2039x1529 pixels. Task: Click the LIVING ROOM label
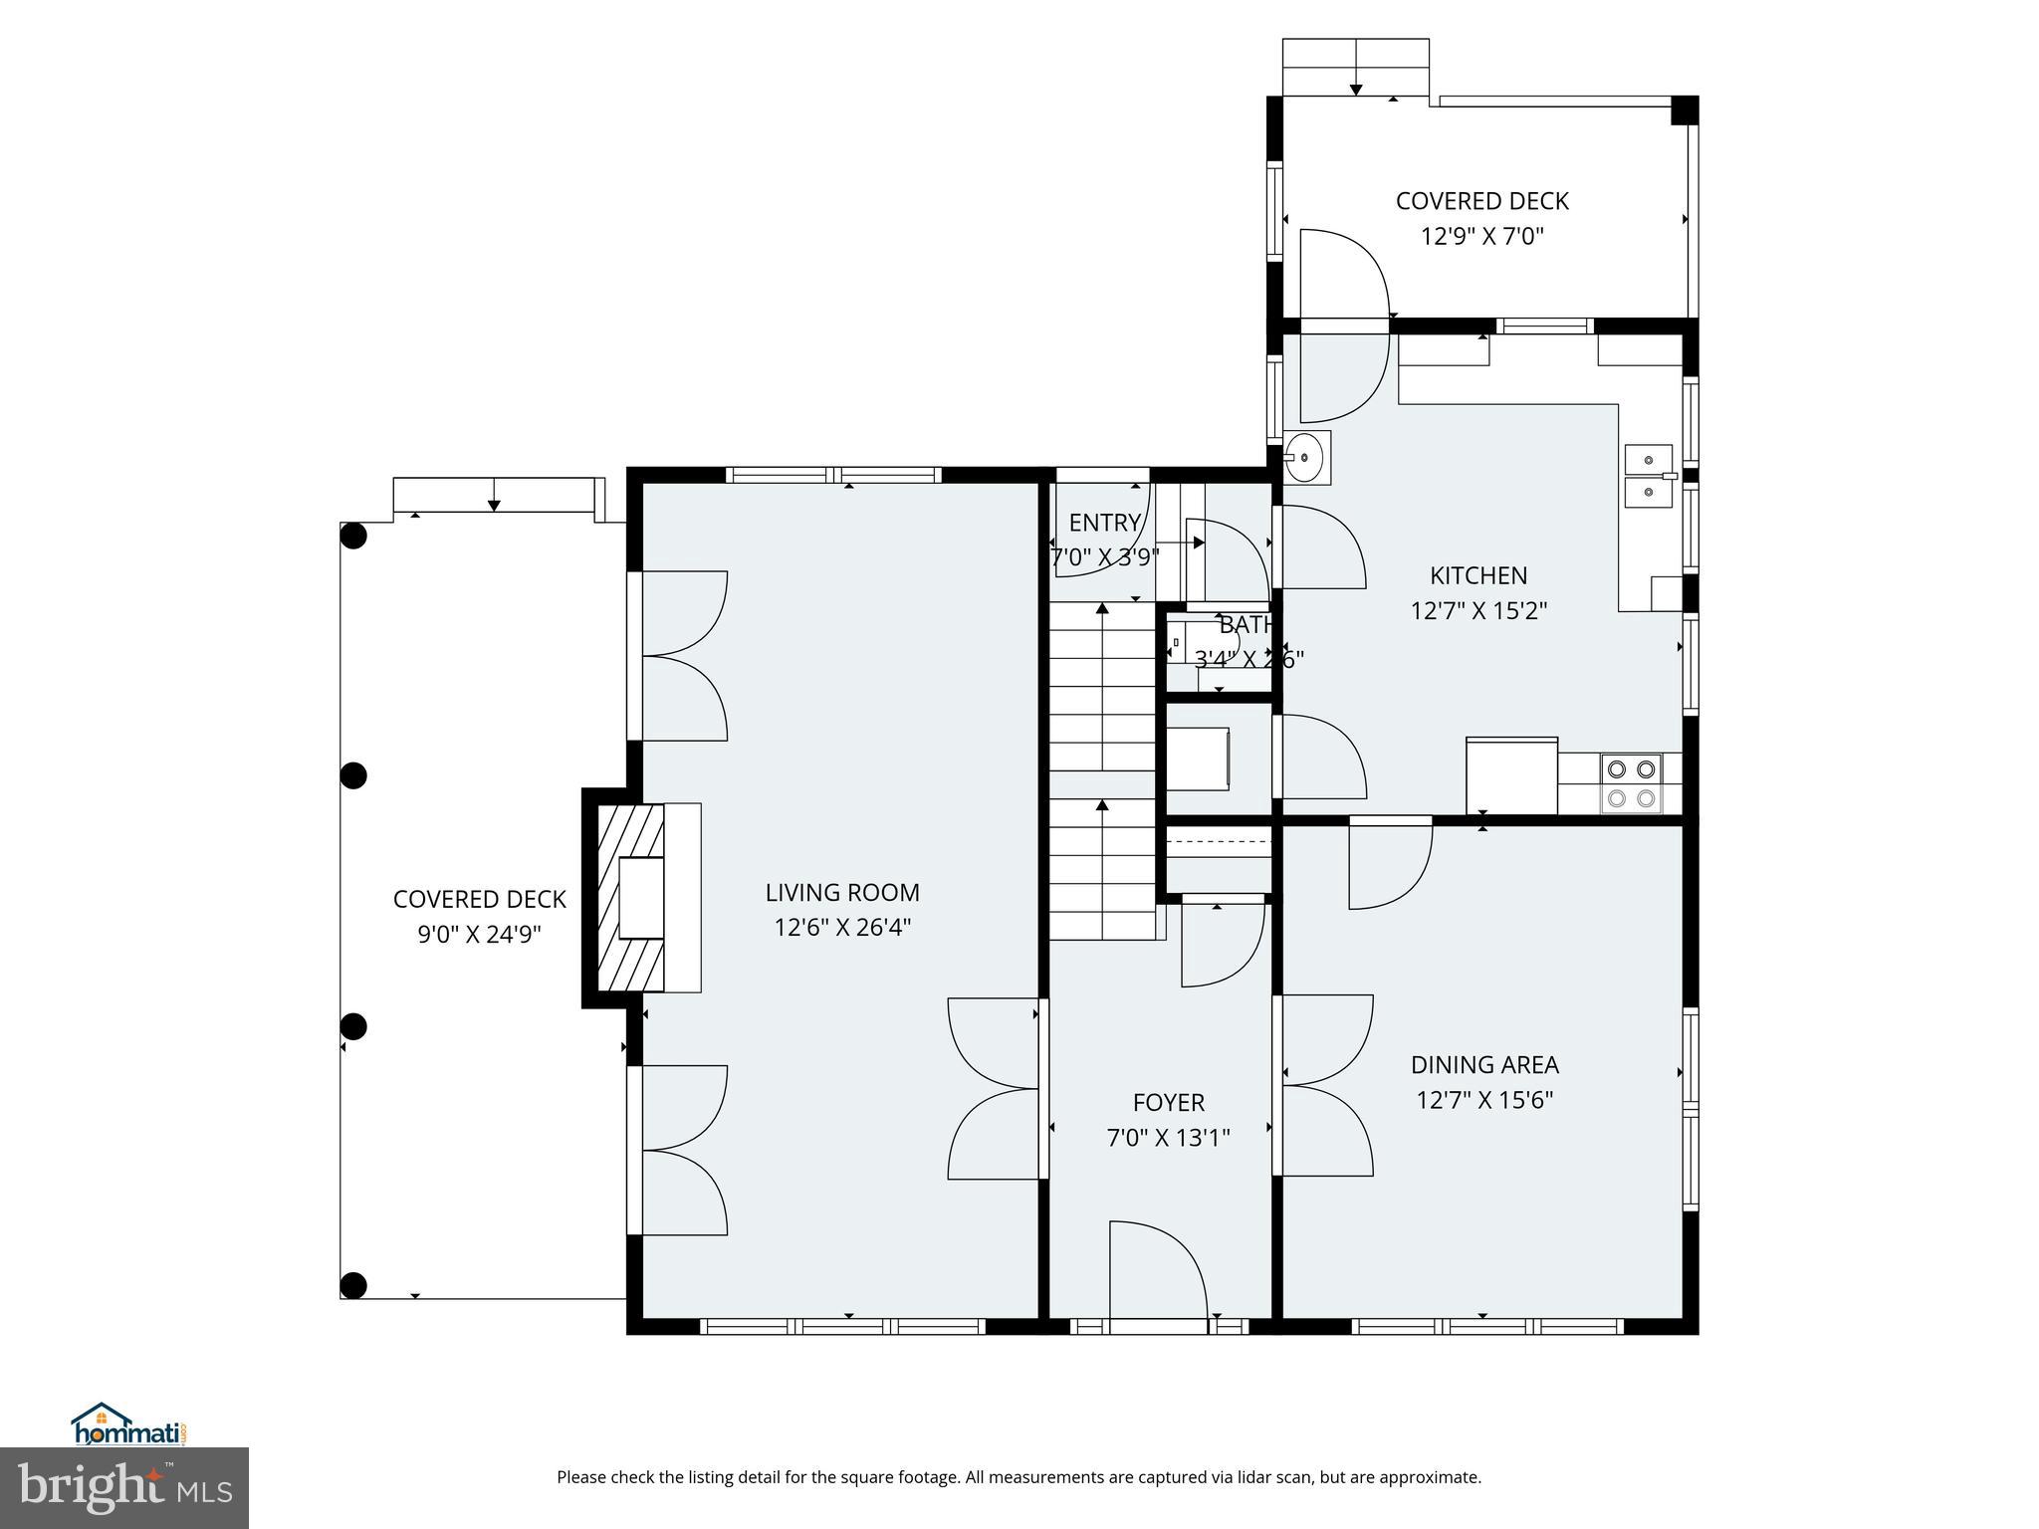(842, 892)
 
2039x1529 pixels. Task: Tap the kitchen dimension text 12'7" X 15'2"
(1478, 610)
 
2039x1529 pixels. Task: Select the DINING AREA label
(1484, 1064)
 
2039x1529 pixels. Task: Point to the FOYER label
(1168, 1102)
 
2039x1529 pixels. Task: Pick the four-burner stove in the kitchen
(1631, 783)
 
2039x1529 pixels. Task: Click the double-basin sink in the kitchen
(1649, 476)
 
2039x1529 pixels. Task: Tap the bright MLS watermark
(123, 1488)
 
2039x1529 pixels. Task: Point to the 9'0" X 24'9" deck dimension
(479, 935)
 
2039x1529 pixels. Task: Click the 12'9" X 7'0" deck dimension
(1481, 236)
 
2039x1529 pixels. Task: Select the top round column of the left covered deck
(353, 537)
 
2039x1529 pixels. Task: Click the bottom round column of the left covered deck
(353, 1285)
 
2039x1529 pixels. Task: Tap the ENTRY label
(1104, 523)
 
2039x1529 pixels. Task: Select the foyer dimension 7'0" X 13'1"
(1168, 1138)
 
